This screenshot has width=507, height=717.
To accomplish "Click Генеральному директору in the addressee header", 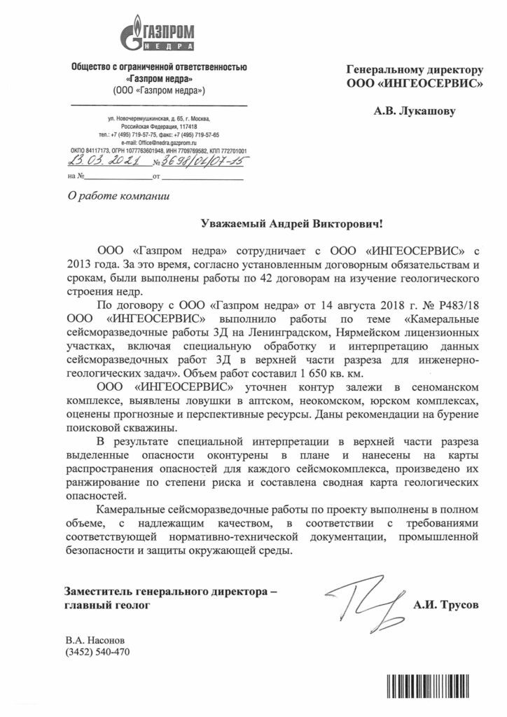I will click(x=416, y=70).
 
